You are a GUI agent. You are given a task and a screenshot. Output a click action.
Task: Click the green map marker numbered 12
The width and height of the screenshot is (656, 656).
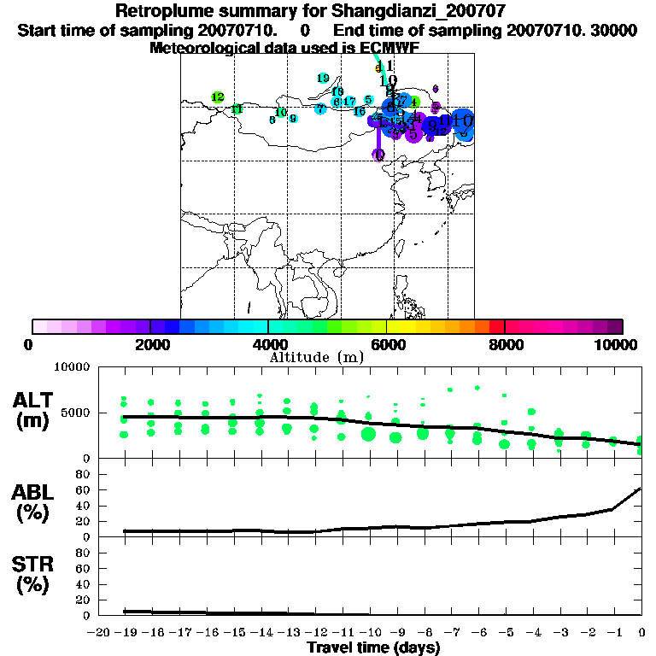pos(218,97)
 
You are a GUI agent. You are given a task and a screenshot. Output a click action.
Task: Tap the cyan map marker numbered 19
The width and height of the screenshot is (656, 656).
pos(323,79)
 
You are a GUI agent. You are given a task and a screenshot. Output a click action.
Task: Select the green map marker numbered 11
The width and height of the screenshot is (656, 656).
pos(237,109)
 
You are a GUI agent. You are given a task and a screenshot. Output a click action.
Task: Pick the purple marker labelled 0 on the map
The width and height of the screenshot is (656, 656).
pos(378,155)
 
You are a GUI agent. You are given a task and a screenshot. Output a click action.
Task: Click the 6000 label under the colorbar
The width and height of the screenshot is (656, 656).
pos(387,344)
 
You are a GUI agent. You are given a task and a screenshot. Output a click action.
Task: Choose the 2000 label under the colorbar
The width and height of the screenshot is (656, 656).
pos(150,344)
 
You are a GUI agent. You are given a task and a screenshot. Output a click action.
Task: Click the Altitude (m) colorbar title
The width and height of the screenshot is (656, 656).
pos(317,357)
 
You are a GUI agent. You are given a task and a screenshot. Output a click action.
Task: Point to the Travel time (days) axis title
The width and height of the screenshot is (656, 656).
pos(373,648)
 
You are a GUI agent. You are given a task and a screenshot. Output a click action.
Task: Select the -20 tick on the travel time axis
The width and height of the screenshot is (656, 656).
pos(101,632)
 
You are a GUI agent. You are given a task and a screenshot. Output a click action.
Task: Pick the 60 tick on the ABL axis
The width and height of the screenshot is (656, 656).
pos(84,489)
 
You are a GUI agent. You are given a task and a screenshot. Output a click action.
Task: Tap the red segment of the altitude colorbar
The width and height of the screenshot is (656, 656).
pos(496,326)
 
